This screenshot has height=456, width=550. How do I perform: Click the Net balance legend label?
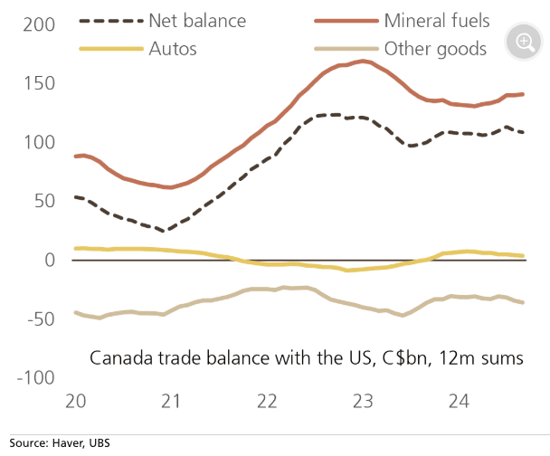[x=196, y=20]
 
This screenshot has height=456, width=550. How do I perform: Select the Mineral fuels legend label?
[x=437, y=20]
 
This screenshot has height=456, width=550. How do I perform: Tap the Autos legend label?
[x=172, y=48]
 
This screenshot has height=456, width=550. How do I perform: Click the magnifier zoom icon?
[x=524, y=41]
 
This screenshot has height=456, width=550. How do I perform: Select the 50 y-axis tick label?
[x=46, y=201]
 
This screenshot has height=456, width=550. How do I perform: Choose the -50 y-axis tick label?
[x=43, y=318]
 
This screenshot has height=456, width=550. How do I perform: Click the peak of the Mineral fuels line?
[x=363, y=62]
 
